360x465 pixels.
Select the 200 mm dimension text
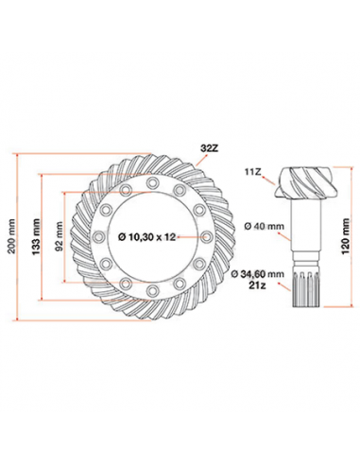tap(10, 237)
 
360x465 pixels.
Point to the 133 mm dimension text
tap(38, 237)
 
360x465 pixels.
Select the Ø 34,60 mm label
tap(257, 272)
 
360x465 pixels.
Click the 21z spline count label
tap(257, 284)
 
